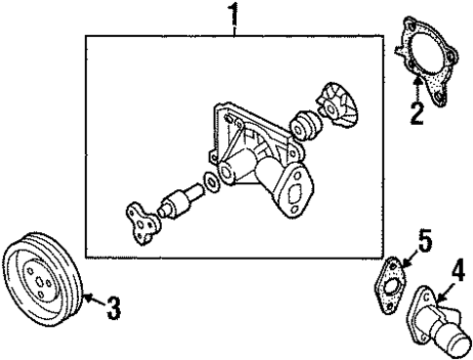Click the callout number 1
pyautogui.click(x=233, y=14)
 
